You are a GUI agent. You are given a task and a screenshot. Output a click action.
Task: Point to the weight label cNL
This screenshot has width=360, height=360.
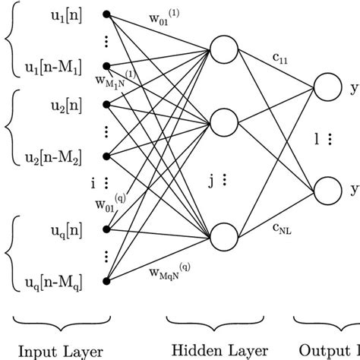click(x=280, y=226)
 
